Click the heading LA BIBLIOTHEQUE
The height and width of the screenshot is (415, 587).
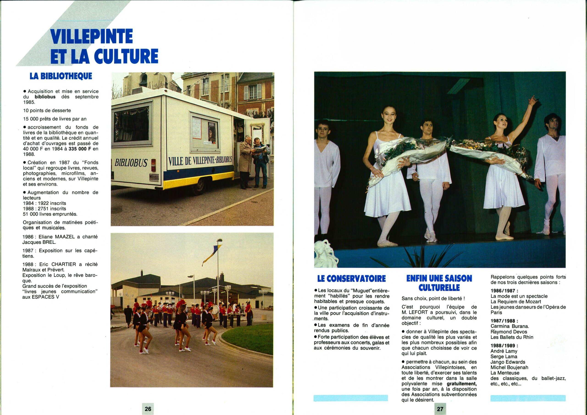(61, 76)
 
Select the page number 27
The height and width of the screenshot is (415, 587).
(440, 409)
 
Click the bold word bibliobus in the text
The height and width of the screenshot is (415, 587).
(45, 97)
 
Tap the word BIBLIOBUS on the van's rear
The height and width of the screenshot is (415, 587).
(131, 163)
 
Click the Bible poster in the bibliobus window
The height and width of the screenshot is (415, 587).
(212, 132)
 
